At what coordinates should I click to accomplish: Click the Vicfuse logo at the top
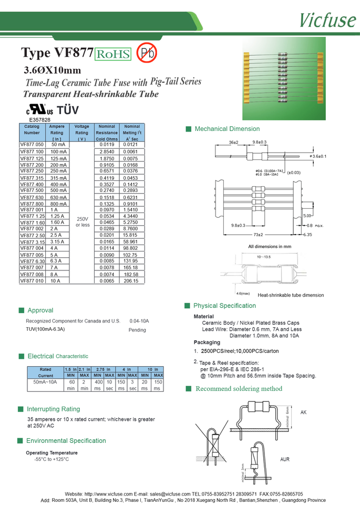(x=327, y=19)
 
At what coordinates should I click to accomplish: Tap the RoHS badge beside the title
(x=113, y=54)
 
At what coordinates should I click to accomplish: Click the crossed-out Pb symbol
(x=146, y=53)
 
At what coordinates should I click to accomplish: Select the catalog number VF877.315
(x=32, y=178)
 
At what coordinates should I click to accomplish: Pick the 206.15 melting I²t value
(x=131, y=281)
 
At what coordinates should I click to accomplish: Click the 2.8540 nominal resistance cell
(x=107, y=151)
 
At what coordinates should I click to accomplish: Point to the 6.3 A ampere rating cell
(x=56, y=261)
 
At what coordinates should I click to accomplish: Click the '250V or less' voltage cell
(x=83, y=221)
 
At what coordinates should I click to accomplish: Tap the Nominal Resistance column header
(x=107, y=133)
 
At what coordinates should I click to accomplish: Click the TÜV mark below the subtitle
(x=67, y=110)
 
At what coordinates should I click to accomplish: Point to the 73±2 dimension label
(x=258, y=234)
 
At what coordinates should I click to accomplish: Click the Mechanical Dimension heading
(x=227, y=129)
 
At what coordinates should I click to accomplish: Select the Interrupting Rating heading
(x=53, y=409)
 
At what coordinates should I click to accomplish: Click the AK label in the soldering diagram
(x=303, y=413)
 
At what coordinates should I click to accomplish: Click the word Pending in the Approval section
(x=137, y=330)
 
